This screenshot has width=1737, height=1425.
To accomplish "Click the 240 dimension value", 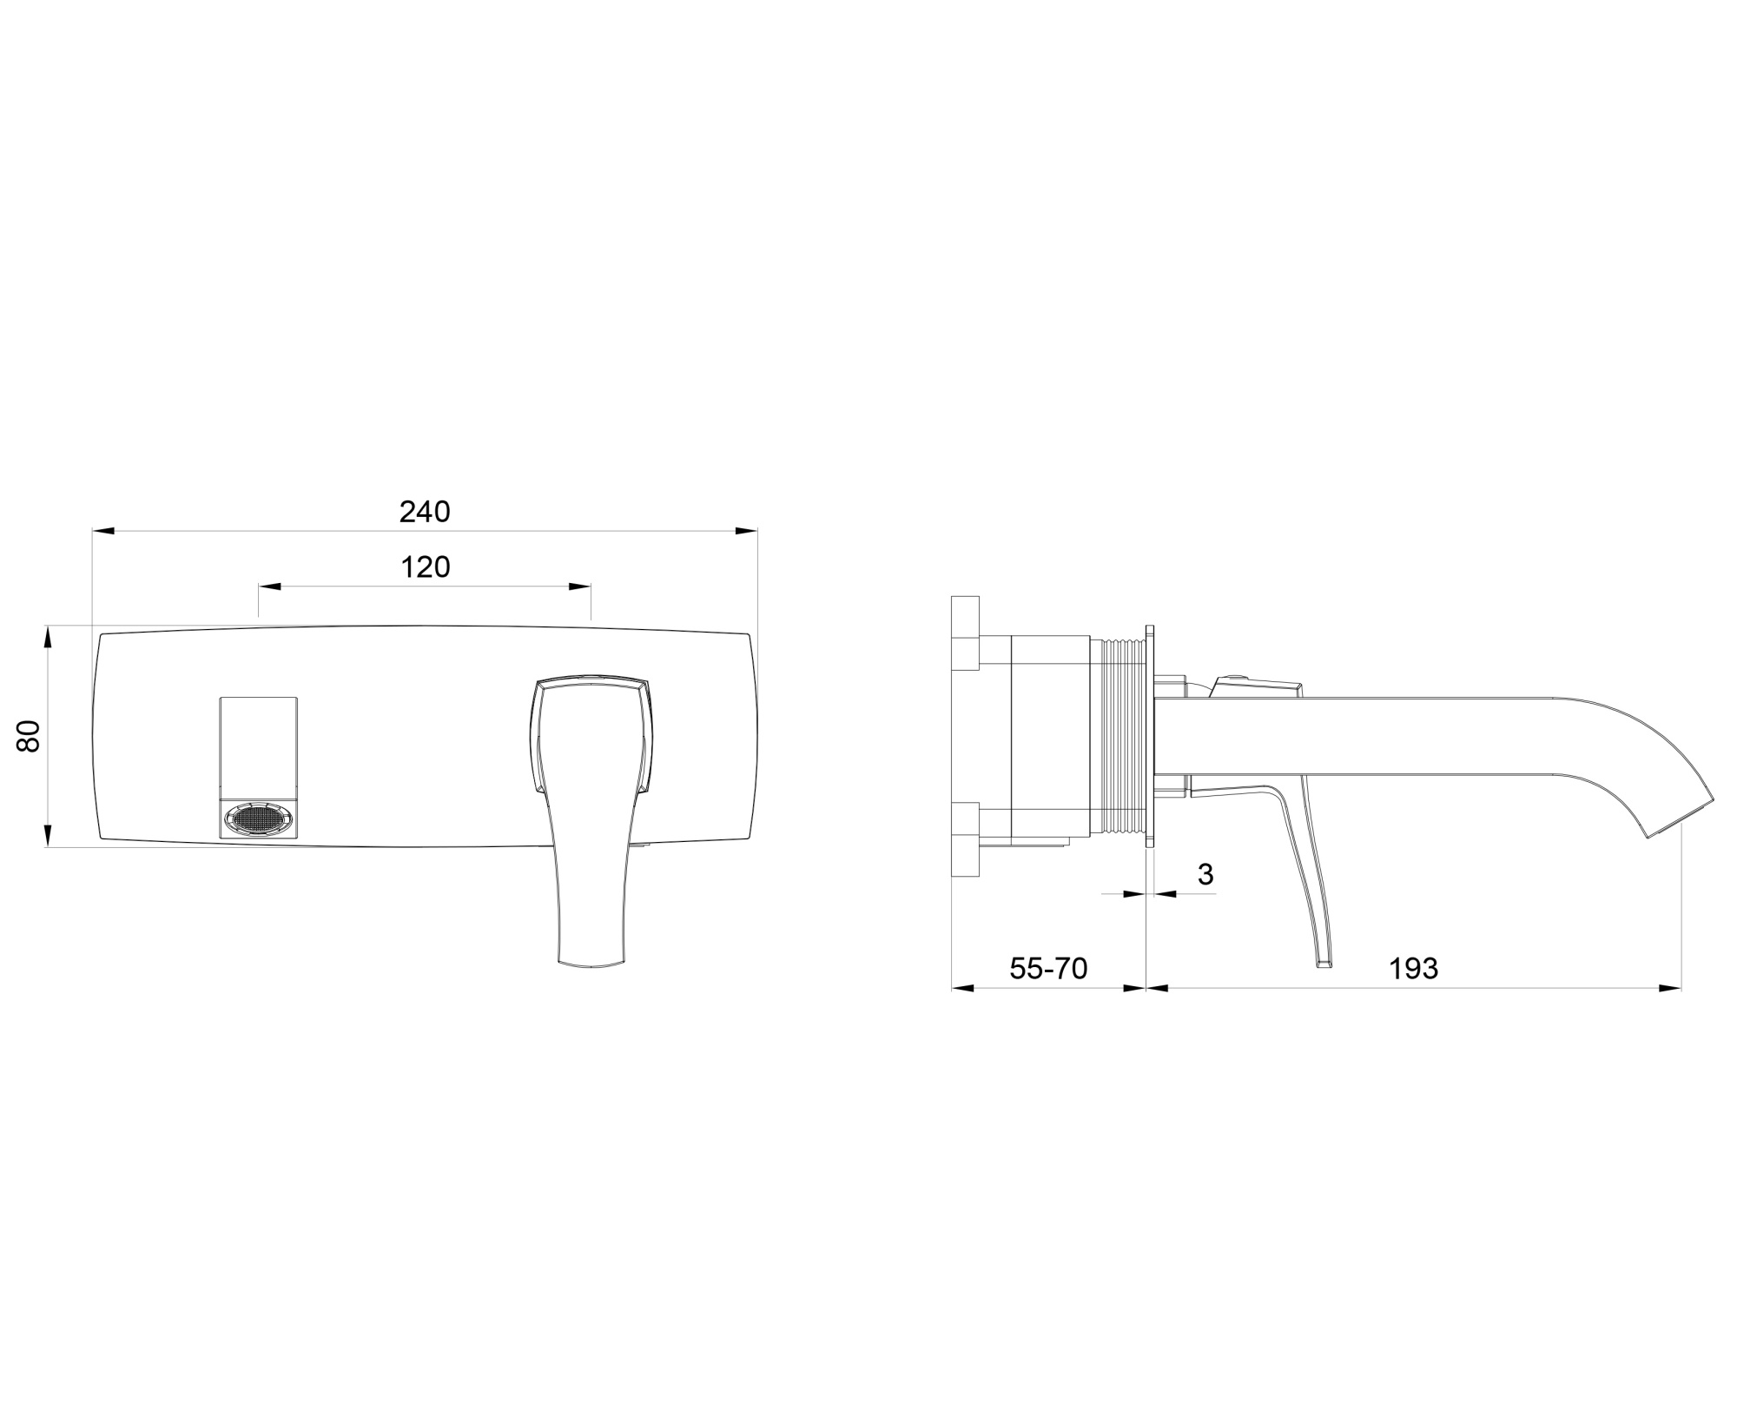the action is click(425, 512).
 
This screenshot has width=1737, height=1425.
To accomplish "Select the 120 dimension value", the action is click(426, 567).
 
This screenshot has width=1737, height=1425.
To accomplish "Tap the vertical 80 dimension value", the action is click(30, 736).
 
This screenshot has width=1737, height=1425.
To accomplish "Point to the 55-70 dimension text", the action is click(1048, 968).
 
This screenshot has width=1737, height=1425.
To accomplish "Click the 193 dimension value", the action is click(1414, 968).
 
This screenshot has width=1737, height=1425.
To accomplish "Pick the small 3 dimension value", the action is click(1205, 874).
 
